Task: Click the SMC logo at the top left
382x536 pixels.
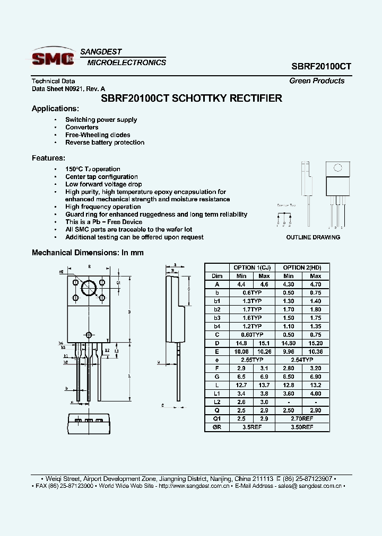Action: pos(53,57)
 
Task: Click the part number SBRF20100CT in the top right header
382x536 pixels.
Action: pos(321,67)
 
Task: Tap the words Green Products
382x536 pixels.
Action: pos(317,81)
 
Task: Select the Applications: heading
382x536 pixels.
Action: pos(55,109)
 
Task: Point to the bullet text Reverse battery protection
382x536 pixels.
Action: pos(105,142)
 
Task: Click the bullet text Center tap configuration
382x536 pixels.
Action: pos(101,177)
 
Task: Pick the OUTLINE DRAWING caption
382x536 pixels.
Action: pos(313,237)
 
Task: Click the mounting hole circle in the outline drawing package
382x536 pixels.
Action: pos(337,168)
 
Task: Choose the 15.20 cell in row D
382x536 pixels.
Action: pos(315,343)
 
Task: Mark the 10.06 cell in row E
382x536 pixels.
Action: pos(241,351)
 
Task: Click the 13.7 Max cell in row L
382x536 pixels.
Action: pos(264,385)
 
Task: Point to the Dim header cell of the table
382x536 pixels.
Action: pos(218,276)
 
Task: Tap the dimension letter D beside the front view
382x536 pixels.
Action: pos(129,312)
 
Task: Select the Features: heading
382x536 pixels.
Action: pos(49,158)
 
